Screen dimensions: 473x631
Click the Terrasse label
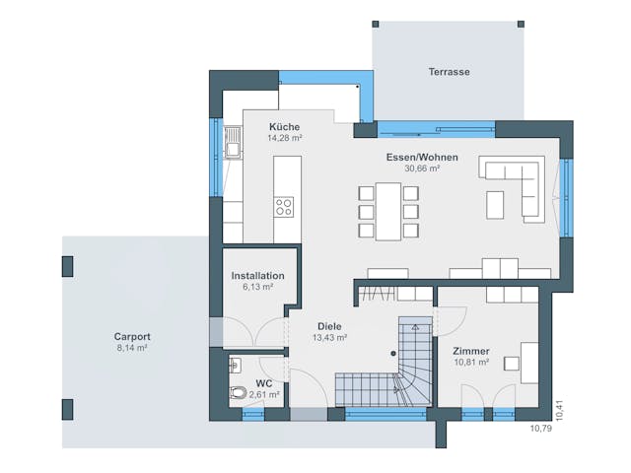coord(449,72)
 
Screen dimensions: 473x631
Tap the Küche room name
coord(283,127)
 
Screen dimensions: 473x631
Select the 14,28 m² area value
coord(283,139)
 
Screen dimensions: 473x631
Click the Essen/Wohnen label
coord(421,157)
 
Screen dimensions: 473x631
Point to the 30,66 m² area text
coord(421,169)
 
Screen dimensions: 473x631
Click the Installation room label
coord(257,276)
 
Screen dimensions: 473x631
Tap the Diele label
coord(329,326)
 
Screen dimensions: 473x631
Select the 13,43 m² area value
coord(329,338)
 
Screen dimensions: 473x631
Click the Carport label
coord(132,337)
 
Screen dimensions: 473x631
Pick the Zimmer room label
coord(470,351)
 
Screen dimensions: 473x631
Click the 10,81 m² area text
coord(470,363)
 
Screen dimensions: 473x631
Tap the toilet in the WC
coord(236,394)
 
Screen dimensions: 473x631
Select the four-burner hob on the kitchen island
coord(284,207)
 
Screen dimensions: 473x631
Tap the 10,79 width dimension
coord(541,429)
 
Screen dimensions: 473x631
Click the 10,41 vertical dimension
coord(559,410)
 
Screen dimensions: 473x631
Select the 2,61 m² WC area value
coord(265,394)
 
